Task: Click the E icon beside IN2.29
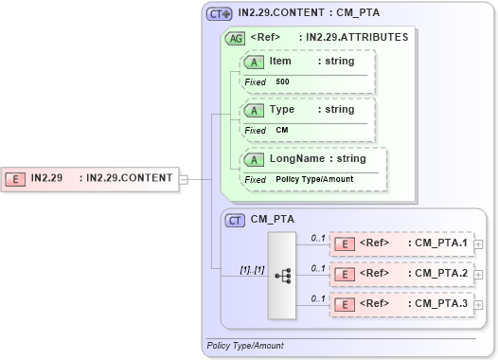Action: pyautogui.click(x=16, y=178)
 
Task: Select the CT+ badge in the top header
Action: pyautogui.click(x=220, y=14)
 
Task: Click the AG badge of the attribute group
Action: pyautogui.click(x=234, y=38)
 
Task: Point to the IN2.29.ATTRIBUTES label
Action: pyautogui.click(x=352, y=38)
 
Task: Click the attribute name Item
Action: pyautogui.click(x=280, y=62)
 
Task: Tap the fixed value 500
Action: pyautogui.click(x=282, y=82)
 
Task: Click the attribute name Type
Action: pyautogui.click(x=281, y=110)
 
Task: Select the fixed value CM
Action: pyautogui.click(x=281, y=131)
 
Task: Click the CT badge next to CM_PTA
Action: pyautogui.click(x=236, y=220)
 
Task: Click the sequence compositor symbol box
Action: pyautogui.click(x=282, y=275)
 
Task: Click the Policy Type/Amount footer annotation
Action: pyautogui.click(x=245, y=346)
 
